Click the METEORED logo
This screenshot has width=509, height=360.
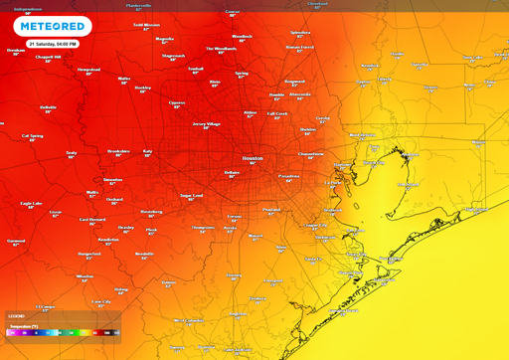(x=40, y=26)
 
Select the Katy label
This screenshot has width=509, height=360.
(x=147, y=151)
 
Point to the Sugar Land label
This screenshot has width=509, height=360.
(x=192, y=196)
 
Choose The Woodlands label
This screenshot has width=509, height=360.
(x=221, y=48)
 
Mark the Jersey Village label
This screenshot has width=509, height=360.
(x=206, y=124)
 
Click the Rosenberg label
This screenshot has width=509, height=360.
(x=150, y=211)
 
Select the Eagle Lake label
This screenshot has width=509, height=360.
(x=31, y=204)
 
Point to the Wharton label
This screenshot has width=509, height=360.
(x=85, y=276)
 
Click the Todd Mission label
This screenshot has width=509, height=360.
(x=145, y=24)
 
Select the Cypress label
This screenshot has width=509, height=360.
(x=177, y=101)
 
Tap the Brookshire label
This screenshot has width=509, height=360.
(x=118, y=151)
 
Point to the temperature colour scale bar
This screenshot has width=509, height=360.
(x=63, y=332)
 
